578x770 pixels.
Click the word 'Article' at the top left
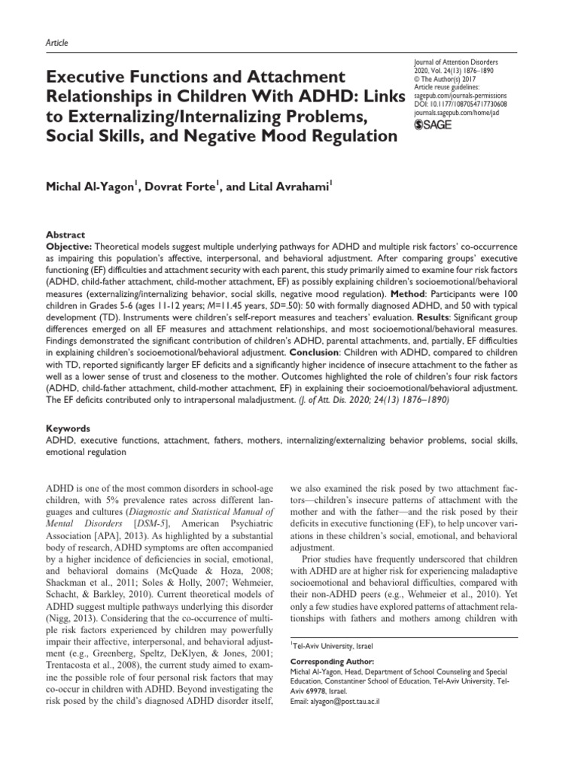point(57,43)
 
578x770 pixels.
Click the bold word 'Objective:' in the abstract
point(71,246)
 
